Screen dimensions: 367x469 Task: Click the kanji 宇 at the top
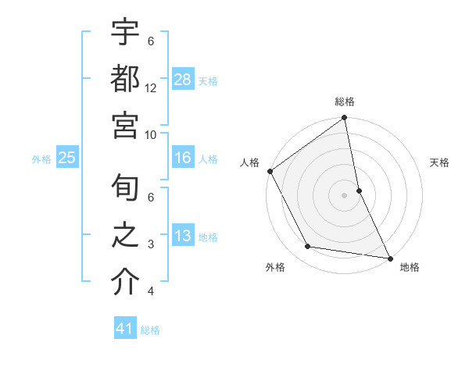pos(126,33)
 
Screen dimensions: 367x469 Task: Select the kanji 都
pos(126,80)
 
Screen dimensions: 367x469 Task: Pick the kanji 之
pos(126,237)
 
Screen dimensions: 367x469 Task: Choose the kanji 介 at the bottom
pos(126,283)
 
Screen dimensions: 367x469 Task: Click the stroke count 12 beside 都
pos(151,88)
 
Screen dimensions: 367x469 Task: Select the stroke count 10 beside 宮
pos(151,134)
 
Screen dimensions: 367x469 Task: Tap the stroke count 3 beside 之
pos(151,244)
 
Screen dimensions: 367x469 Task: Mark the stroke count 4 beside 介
pos(151,291)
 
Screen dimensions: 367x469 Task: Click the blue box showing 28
pos(183,80)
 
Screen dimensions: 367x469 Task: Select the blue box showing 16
pos(183,158)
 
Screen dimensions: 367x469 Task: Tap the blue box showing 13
pos(183,236)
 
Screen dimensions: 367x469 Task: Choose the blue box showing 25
pos(66,158)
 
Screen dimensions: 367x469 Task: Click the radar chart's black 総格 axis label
pos(345,102)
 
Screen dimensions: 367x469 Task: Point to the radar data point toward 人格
pos(270,171)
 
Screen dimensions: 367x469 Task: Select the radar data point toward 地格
pos(388,257)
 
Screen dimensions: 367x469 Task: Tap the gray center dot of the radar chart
pos(345,194)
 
